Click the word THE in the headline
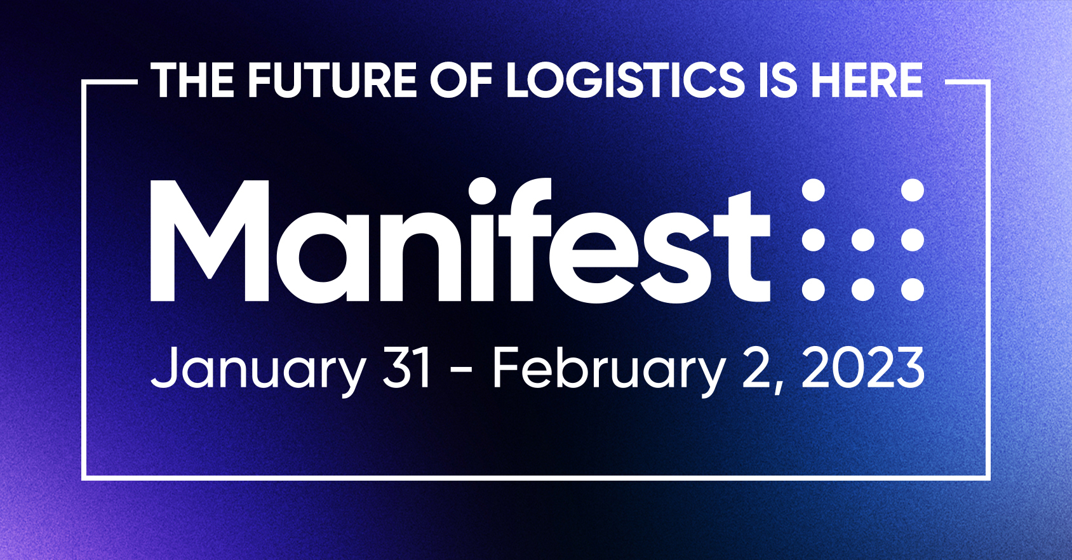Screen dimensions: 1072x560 coord(192,80)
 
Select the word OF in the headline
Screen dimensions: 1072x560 coord(461,80)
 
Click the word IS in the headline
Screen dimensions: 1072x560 coord(776,80)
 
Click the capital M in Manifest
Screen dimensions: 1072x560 coord(210,241)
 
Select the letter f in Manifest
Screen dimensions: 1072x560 coord(526,239)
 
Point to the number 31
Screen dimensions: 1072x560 coord(406,368)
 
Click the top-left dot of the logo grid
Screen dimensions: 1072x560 coord(813,190)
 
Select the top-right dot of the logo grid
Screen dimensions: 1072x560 coord(912,190)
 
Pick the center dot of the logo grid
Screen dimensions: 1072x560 coord(863,240)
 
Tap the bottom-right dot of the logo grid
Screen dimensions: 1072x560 coord(912,290)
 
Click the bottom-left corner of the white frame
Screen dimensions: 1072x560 coord(84,477)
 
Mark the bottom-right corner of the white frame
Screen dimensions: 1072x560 coord(988,477)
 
